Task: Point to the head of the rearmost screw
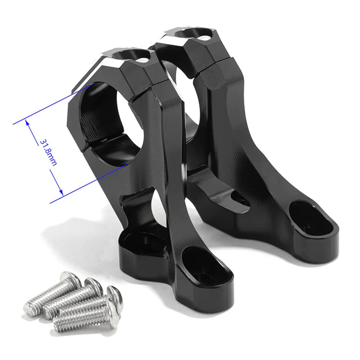[71, 278]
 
